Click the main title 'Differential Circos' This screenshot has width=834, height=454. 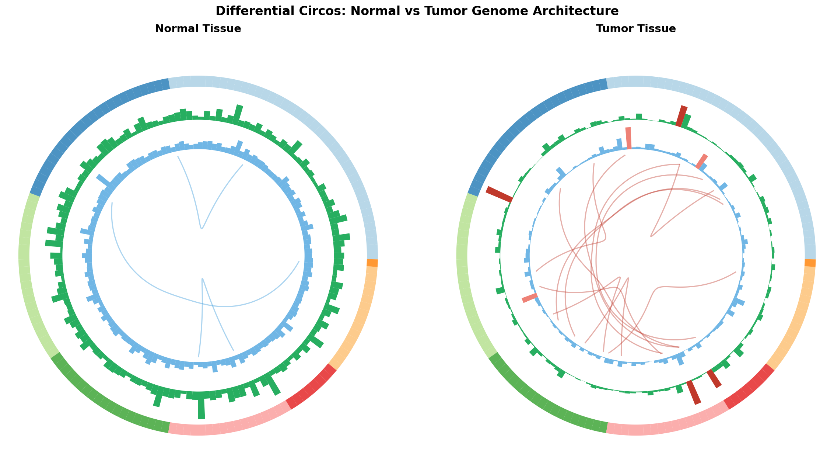click(417, 11)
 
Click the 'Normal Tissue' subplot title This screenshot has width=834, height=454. click(198, 29)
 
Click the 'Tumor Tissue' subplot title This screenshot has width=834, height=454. click(636, 29)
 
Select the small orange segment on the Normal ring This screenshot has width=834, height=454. click(372, 263)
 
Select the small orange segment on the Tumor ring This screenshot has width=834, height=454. click(810, 263)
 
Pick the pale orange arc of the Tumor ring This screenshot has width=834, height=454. click(796, 317)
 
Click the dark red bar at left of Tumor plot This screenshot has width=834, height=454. click(499, 194)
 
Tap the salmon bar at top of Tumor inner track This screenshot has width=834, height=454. click(628, 138)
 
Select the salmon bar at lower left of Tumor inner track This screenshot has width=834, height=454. click(530, 298)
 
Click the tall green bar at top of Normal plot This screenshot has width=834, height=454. click(238, 112)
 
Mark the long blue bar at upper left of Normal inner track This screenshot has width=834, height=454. click(103, 181)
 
